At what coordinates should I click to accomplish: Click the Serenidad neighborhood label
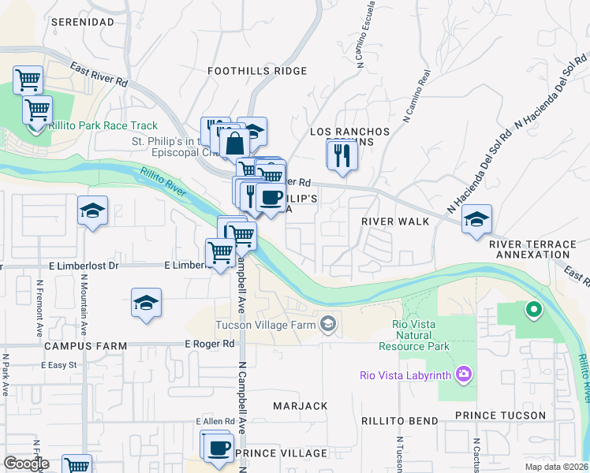coord(83,22)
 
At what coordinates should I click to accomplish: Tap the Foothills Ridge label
coord(246,71)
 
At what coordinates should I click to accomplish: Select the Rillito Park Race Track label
coord(103,126)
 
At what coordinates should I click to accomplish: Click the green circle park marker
coord(533,310)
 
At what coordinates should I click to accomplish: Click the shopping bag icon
coord(234,143)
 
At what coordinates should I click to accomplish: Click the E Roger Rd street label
coord(210,344)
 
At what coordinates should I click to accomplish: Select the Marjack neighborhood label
coord(300,406)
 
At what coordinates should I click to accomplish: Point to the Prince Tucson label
coord(500,415)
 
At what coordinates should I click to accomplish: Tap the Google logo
coord(26,464)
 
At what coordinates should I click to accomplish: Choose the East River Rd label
coord(99,75)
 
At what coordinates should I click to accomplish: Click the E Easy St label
coord(59,365)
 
